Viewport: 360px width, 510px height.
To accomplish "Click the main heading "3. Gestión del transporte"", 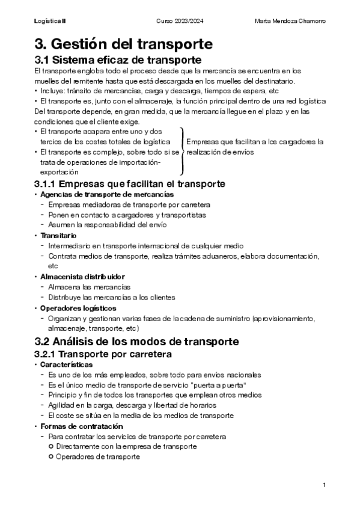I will pyautogui.click(x=123, y=44).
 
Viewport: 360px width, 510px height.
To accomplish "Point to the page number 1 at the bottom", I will pyautogui.click(x=324, y=485).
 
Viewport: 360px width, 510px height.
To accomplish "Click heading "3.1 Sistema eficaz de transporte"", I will pyautogui.click(x=117, y=60).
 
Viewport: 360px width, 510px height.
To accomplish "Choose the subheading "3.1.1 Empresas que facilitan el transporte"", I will pyautogui.click(x=130, y=183).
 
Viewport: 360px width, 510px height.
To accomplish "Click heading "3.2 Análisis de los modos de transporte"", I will pyautogui.click(x=137, y=342).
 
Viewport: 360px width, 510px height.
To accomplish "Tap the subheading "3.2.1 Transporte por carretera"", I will pyautogui.click(x=103, y=354).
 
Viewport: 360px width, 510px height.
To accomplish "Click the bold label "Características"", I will pyautogui.click(x=66, y=364).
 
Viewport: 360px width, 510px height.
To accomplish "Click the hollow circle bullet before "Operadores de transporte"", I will pyautogui.click(x=51, y=456).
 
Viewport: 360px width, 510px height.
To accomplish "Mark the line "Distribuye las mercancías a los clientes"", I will pyautogui.click(x=111, y=297).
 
